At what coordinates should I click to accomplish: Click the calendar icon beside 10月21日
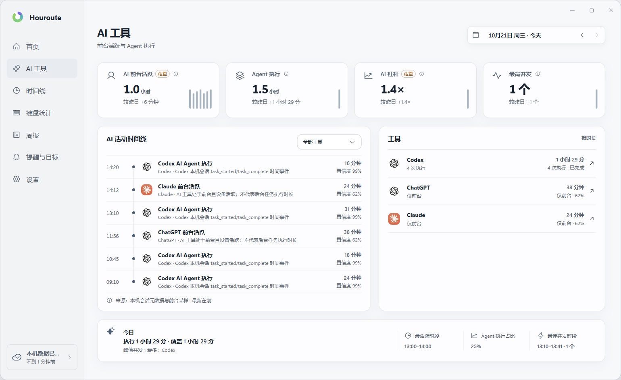[x=475, y=35]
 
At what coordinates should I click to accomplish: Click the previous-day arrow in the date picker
[x=582, y=35]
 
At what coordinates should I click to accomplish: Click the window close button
[x=611, y=10]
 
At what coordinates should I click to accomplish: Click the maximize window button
[x=591, y=10]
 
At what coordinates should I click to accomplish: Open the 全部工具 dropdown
[x=329, y=142]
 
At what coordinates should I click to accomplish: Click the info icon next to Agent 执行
[x=286, y=74]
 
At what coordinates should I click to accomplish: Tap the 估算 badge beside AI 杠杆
[x=408, y=74]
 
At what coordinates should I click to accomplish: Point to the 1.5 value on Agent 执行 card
[x=260, y=89]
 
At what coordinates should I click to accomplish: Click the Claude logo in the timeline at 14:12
[x=146, y=190]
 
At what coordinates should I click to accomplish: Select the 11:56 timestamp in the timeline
[x=112, y=236]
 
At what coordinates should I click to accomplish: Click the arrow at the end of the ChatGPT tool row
[x=592, y=191]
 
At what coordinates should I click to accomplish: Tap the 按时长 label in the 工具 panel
[x=588, y=138]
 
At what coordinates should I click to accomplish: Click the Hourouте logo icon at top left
[x=18, y=17]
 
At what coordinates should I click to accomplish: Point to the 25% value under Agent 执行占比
[x=476, y=346]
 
